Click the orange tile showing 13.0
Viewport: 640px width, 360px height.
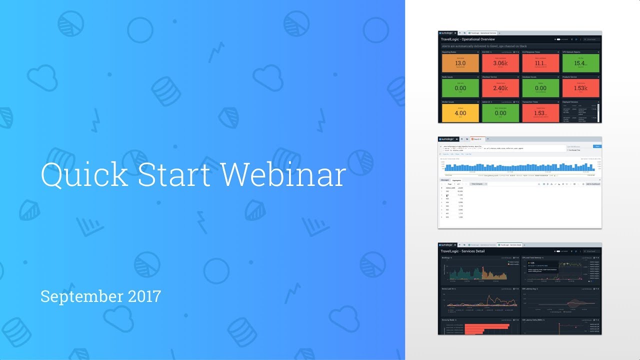(x=460, y=63)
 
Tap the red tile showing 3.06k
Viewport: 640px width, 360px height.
(x=500, y=63)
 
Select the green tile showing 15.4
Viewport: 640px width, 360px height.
(x=580, y=63)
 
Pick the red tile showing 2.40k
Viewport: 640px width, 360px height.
(x=500, y=88)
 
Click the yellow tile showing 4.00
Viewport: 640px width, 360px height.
(x=460, y=112)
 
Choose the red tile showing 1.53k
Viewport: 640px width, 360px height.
(x=580, y=88)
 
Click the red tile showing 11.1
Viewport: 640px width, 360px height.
(x=540, y=63)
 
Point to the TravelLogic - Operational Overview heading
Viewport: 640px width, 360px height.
(x=468, y=39)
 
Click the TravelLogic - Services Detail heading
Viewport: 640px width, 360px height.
(x=463, y=251)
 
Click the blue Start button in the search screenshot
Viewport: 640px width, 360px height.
(x=596, y=146)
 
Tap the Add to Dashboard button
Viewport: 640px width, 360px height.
(x=592, y=184)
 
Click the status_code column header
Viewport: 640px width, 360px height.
(x=451, y=188)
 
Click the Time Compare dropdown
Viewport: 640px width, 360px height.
(x=478, y=184)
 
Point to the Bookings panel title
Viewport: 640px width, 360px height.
(x=446, y=258)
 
